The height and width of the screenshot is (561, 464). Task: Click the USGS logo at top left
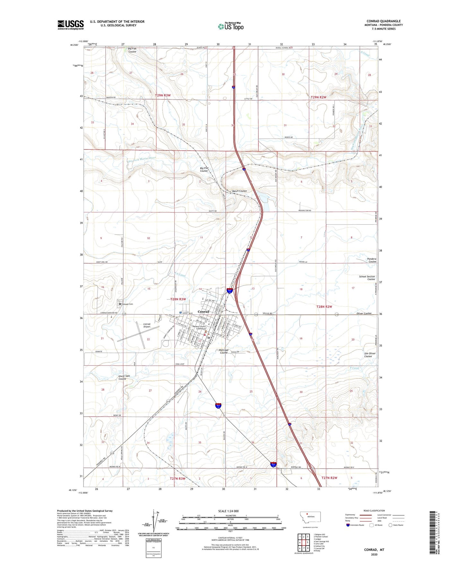(70, 25)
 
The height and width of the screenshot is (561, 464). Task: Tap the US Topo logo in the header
(231, 26)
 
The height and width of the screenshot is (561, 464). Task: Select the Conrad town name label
(203, 311)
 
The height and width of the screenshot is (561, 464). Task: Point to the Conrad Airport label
(147, 325)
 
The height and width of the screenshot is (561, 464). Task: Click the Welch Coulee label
(239, 191)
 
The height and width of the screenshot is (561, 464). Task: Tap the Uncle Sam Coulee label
(124, 377)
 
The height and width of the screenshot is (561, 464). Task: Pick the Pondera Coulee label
(372, 260)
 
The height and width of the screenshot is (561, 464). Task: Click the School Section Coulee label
(367, 278)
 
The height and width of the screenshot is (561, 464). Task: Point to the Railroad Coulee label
(223, 351)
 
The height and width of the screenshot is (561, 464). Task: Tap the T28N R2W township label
(324, 307)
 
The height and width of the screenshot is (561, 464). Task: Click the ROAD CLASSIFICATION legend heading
(374, 511)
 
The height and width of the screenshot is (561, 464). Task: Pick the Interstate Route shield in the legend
(348, 525)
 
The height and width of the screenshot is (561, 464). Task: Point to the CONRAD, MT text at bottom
(374, 550)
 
